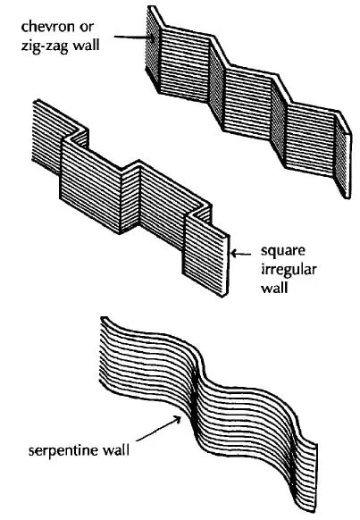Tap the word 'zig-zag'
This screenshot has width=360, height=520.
tap(44, 45)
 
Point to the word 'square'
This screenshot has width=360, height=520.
tap(283, 252)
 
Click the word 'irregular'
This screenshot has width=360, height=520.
tap(289, 270)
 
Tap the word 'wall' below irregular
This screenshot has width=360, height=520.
tap(274, 287)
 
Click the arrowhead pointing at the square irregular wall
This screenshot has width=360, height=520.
tap(234, 254)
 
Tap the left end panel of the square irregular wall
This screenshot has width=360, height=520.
tap(47, 136)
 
